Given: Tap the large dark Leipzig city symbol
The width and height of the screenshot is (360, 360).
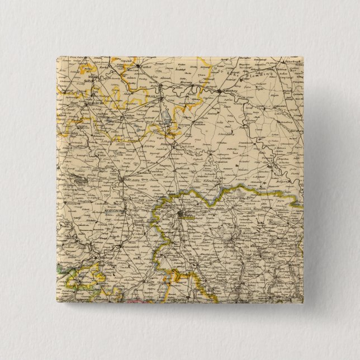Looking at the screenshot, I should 180,214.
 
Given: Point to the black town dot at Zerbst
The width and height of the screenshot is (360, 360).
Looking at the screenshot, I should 138,67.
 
